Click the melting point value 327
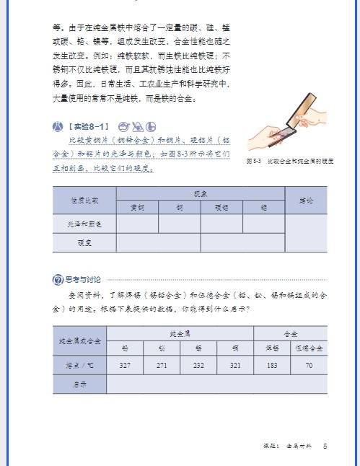125,366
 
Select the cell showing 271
162,366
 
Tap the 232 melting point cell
198,366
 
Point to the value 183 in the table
272,366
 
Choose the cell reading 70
309,366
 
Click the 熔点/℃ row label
79,366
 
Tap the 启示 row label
79,384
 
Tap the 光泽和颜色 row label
84,224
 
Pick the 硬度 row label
84,243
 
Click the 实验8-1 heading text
90,126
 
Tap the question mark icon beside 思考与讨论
58,280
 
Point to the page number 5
325,447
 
